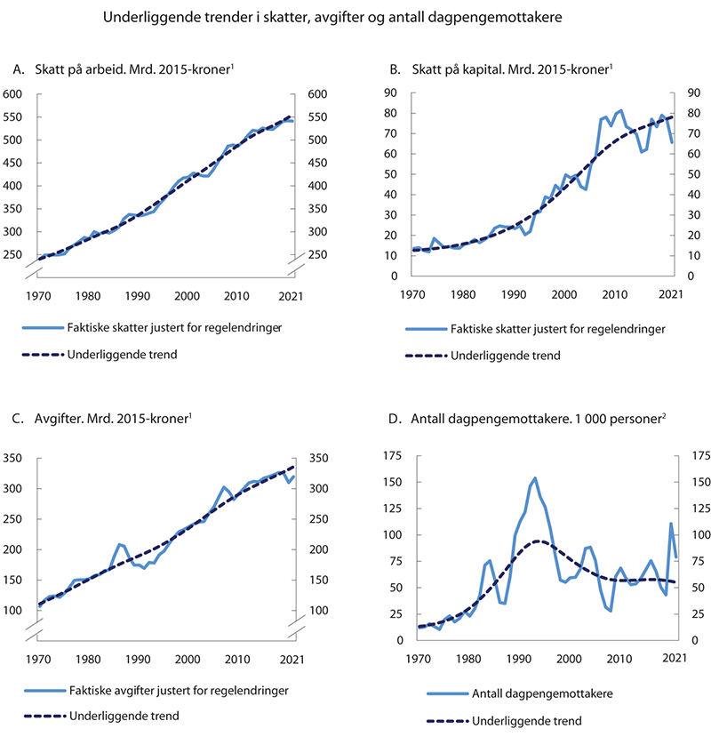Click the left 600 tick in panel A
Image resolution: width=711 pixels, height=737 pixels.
(x=12, y=94)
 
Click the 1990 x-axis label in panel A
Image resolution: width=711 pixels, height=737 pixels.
(x=136, y=295)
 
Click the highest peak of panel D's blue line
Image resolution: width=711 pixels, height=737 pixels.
(x=535, y=478)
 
